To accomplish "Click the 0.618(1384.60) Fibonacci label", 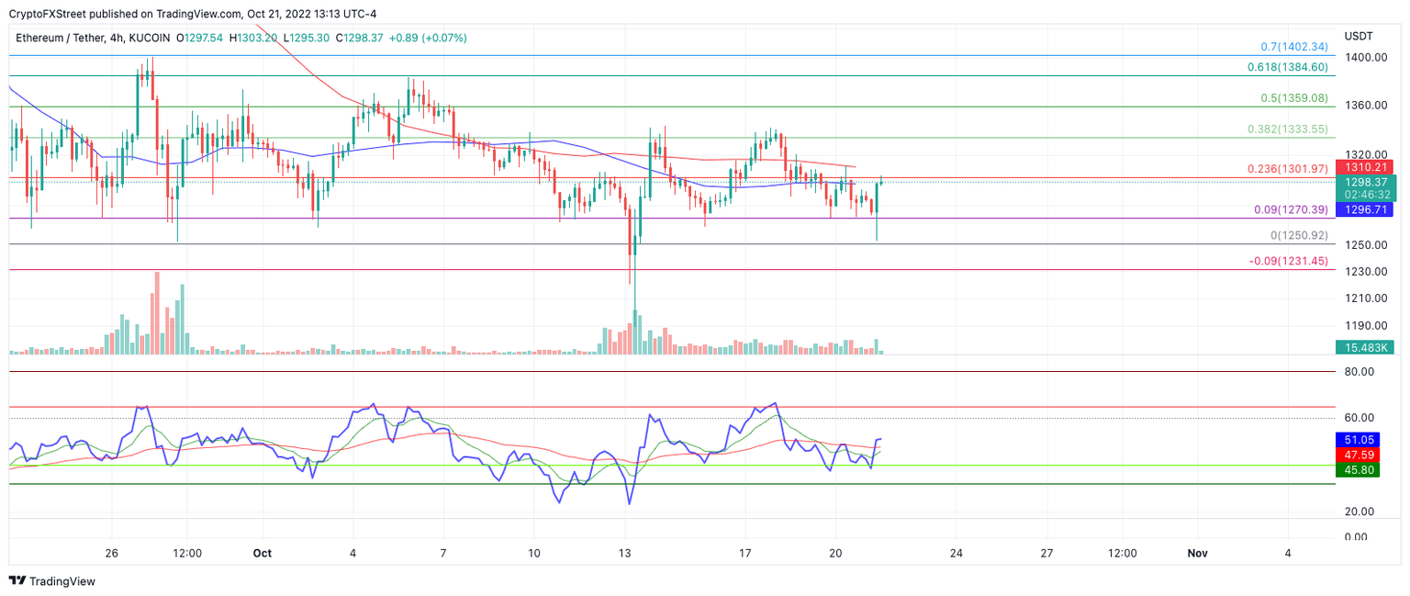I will (1287, 67).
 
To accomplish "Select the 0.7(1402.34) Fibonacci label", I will (1293, 46).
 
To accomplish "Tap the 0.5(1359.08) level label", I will (1293, 98).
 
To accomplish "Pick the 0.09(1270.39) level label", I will (1291, 210).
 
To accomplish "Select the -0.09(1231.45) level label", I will (1288, 261).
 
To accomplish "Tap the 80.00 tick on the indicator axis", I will (1359, 372).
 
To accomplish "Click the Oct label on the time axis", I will (263, 553).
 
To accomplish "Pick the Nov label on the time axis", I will (1196, 553).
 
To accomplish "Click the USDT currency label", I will (1359, 36).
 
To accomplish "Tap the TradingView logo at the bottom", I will (52, 581).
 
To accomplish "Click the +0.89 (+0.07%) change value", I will (428, 38).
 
